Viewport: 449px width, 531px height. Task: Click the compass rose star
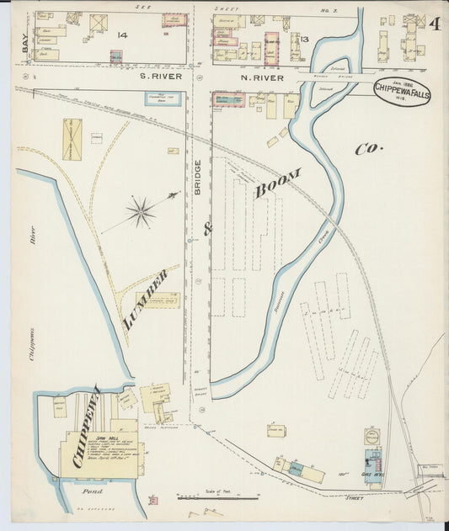(142, 211)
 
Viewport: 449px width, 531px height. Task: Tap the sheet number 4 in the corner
(436, 24)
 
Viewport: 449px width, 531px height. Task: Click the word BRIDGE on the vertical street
(198, 178)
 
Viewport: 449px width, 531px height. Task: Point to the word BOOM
(277, 183)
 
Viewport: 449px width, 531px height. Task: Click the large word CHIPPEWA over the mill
(87, 426)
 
